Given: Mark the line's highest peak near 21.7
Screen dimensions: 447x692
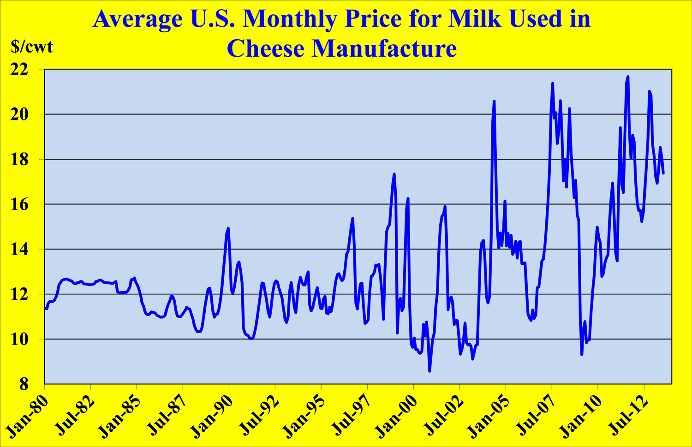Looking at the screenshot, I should click(x=628, y=77).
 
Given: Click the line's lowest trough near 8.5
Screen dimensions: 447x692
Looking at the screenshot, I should click(x=430, y=371).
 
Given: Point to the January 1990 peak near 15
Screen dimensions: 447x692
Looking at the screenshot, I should click(x=228, y=228).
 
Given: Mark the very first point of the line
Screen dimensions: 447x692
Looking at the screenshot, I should click(x=45, y=308).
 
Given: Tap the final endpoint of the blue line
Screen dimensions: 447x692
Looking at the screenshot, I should click(x=663, y=173).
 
